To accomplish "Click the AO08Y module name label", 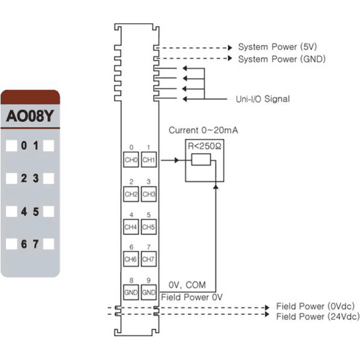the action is (30, 116).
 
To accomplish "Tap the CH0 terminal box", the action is (131, 160).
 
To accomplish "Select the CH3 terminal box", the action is (149, 194).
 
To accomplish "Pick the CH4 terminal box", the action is (131, 227).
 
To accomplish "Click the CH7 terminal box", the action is (149, 259).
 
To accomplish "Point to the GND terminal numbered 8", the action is (131, 292).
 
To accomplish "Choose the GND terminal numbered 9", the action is (149, 292).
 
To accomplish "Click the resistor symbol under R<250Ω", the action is (201, 160).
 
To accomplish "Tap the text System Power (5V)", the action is (277, 47).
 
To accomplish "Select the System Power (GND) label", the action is (282, 59).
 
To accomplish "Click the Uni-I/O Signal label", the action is (263, 99).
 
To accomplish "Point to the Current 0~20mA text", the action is (203, 130).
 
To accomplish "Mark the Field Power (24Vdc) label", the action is (318, 317).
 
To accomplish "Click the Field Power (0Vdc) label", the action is (316, 306).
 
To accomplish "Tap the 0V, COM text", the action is (187, 285).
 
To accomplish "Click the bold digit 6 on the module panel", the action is (24, 244).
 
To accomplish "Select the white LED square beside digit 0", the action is (11, 146).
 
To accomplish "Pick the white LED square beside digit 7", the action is (49, 244).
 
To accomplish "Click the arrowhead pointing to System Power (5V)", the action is (230, 48).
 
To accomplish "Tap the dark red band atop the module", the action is (31, 97).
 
